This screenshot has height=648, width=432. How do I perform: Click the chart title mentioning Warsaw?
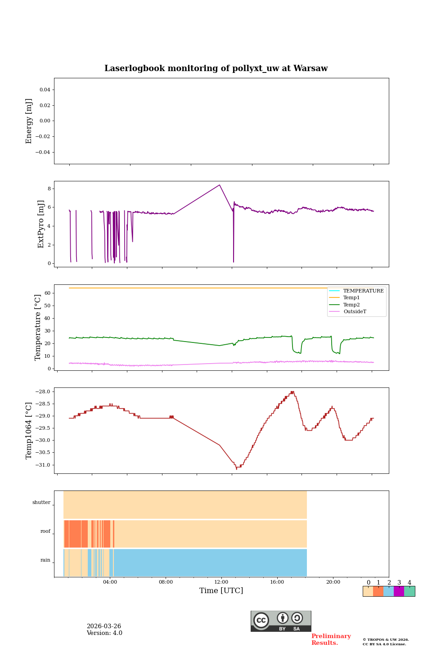216,68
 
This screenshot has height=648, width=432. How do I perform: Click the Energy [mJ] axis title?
29,121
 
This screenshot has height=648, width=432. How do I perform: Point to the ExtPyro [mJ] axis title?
41,224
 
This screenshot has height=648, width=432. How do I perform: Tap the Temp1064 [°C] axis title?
29,431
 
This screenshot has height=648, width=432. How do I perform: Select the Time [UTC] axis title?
221,590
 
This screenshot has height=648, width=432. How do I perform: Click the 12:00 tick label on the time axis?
221,582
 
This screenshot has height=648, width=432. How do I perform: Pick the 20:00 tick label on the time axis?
333,582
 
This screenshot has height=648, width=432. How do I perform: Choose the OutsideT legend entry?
355,311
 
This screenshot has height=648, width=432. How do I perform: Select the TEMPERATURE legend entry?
363,291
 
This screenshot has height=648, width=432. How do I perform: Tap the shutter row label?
41,503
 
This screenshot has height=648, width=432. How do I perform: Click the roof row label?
45,531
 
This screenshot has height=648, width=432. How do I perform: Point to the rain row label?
45,560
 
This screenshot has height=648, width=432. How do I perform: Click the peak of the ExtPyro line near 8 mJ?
220,185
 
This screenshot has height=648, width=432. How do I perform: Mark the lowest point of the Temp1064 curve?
237,468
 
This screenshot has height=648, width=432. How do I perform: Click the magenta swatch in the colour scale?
399,591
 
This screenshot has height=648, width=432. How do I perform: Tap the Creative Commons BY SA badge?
281,621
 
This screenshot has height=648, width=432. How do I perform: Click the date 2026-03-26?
103,626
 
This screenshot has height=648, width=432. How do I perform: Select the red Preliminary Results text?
331,639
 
